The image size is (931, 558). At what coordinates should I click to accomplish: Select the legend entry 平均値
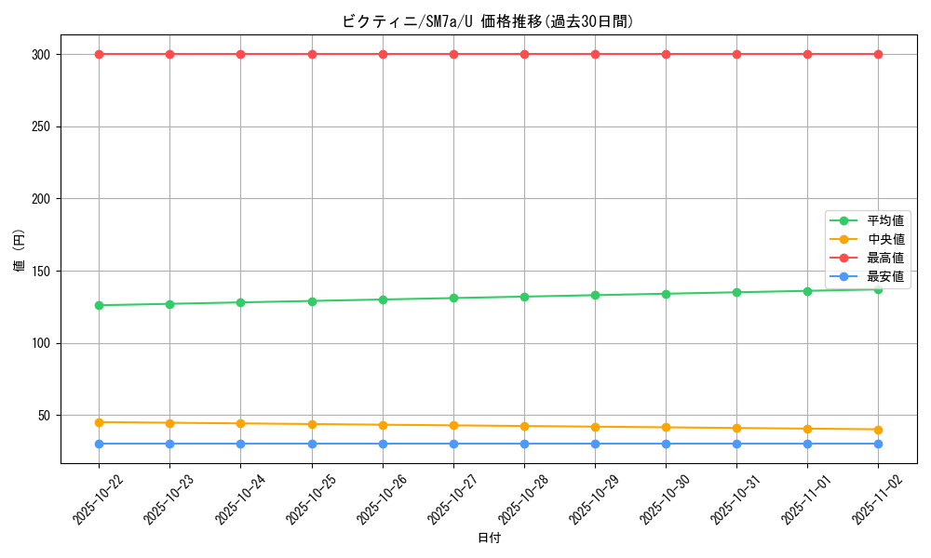click(884, 221)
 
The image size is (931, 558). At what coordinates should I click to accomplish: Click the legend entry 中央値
click(884, 240)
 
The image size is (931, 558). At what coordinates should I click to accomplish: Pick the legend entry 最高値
click(884, 259)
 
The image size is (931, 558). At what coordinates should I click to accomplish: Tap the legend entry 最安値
click(884, 277)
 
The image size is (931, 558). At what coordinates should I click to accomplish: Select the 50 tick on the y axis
click(46, 416)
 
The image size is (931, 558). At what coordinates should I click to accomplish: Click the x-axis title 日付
click(489, 538)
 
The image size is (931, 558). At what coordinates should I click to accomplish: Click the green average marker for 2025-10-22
click(99, 305)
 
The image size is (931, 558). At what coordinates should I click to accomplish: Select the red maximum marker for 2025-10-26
click(383, 54)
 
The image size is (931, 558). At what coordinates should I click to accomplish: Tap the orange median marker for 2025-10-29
click(595, 427)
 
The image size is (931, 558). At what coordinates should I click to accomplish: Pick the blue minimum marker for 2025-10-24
click(240, 444)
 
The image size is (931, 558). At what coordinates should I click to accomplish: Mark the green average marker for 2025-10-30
click(666, 294)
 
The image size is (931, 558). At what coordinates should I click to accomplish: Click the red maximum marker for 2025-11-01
click(807, 54)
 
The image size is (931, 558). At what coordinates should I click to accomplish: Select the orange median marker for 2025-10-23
click(169, 423)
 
